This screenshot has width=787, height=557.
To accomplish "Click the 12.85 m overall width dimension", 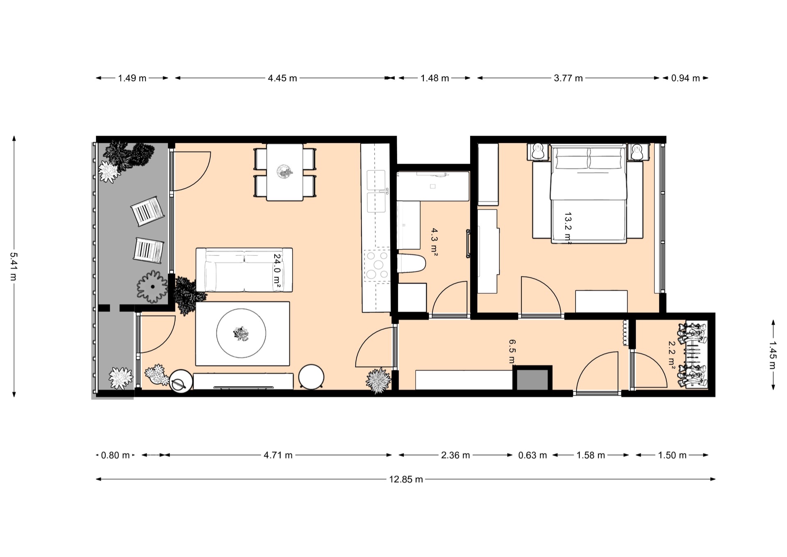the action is point(406,479).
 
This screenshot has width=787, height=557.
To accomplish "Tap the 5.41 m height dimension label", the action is point(14,266).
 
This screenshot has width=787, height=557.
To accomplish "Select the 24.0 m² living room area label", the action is point(277,273).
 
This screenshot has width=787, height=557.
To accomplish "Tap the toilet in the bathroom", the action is point(411,263).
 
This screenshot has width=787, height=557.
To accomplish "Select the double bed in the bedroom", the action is point(588,194).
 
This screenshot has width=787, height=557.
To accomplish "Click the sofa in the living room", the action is point(244,270).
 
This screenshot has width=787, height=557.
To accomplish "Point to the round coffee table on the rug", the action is point(241,333).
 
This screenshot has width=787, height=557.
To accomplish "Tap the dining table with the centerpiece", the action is point(285,172).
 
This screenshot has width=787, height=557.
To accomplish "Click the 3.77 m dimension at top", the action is point(568,78).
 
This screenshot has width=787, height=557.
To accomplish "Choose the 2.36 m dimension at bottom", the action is point(455,455).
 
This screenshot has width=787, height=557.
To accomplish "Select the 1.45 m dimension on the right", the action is point(773,355).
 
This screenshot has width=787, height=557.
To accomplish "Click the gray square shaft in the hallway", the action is point(532,379).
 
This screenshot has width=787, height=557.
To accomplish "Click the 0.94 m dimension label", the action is point(685,78).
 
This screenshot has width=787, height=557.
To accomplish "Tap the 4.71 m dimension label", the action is point(278,455).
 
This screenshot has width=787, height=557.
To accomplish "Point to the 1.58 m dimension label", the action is point(591,455).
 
